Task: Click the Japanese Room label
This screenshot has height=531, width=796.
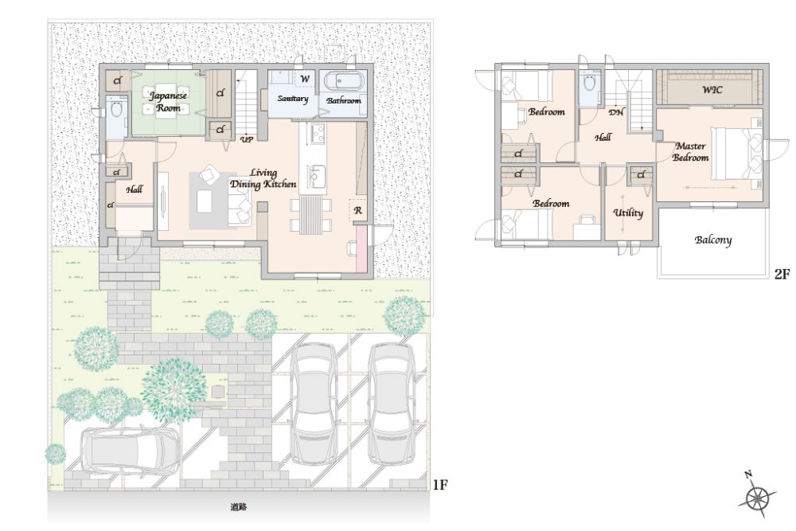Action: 168,101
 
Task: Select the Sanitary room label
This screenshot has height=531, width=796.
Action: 292,99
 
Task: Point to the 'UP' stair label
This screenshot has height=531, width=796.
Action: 248,139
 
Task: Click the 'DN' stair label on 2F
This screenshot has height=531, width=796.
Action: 616,112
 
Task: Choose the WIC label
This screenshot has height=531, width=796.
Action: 712,90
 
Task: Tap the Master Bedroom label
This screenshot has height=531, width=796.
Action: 690,152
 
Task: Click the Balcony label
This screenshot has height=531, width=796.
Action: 712,240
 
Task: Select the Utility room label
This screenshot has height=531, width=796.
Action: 628,213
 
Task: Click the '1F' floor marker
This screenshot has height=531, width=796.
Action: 439,485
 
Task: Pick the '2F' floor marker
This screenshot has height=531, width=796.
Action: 782,274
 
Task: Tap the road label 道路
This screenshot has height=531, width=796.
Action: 239,506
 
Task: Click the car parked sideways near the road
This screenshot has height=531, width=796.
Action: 130,451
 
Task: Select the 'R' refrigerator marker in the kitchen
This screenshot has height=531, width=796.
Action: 358,211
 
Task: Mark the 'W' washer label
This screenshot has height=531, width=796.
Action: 305,79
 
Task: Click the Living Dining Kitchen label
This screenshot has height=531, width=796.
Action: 263,178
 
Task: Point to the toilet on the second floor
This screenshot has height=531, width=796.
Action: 589,82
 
